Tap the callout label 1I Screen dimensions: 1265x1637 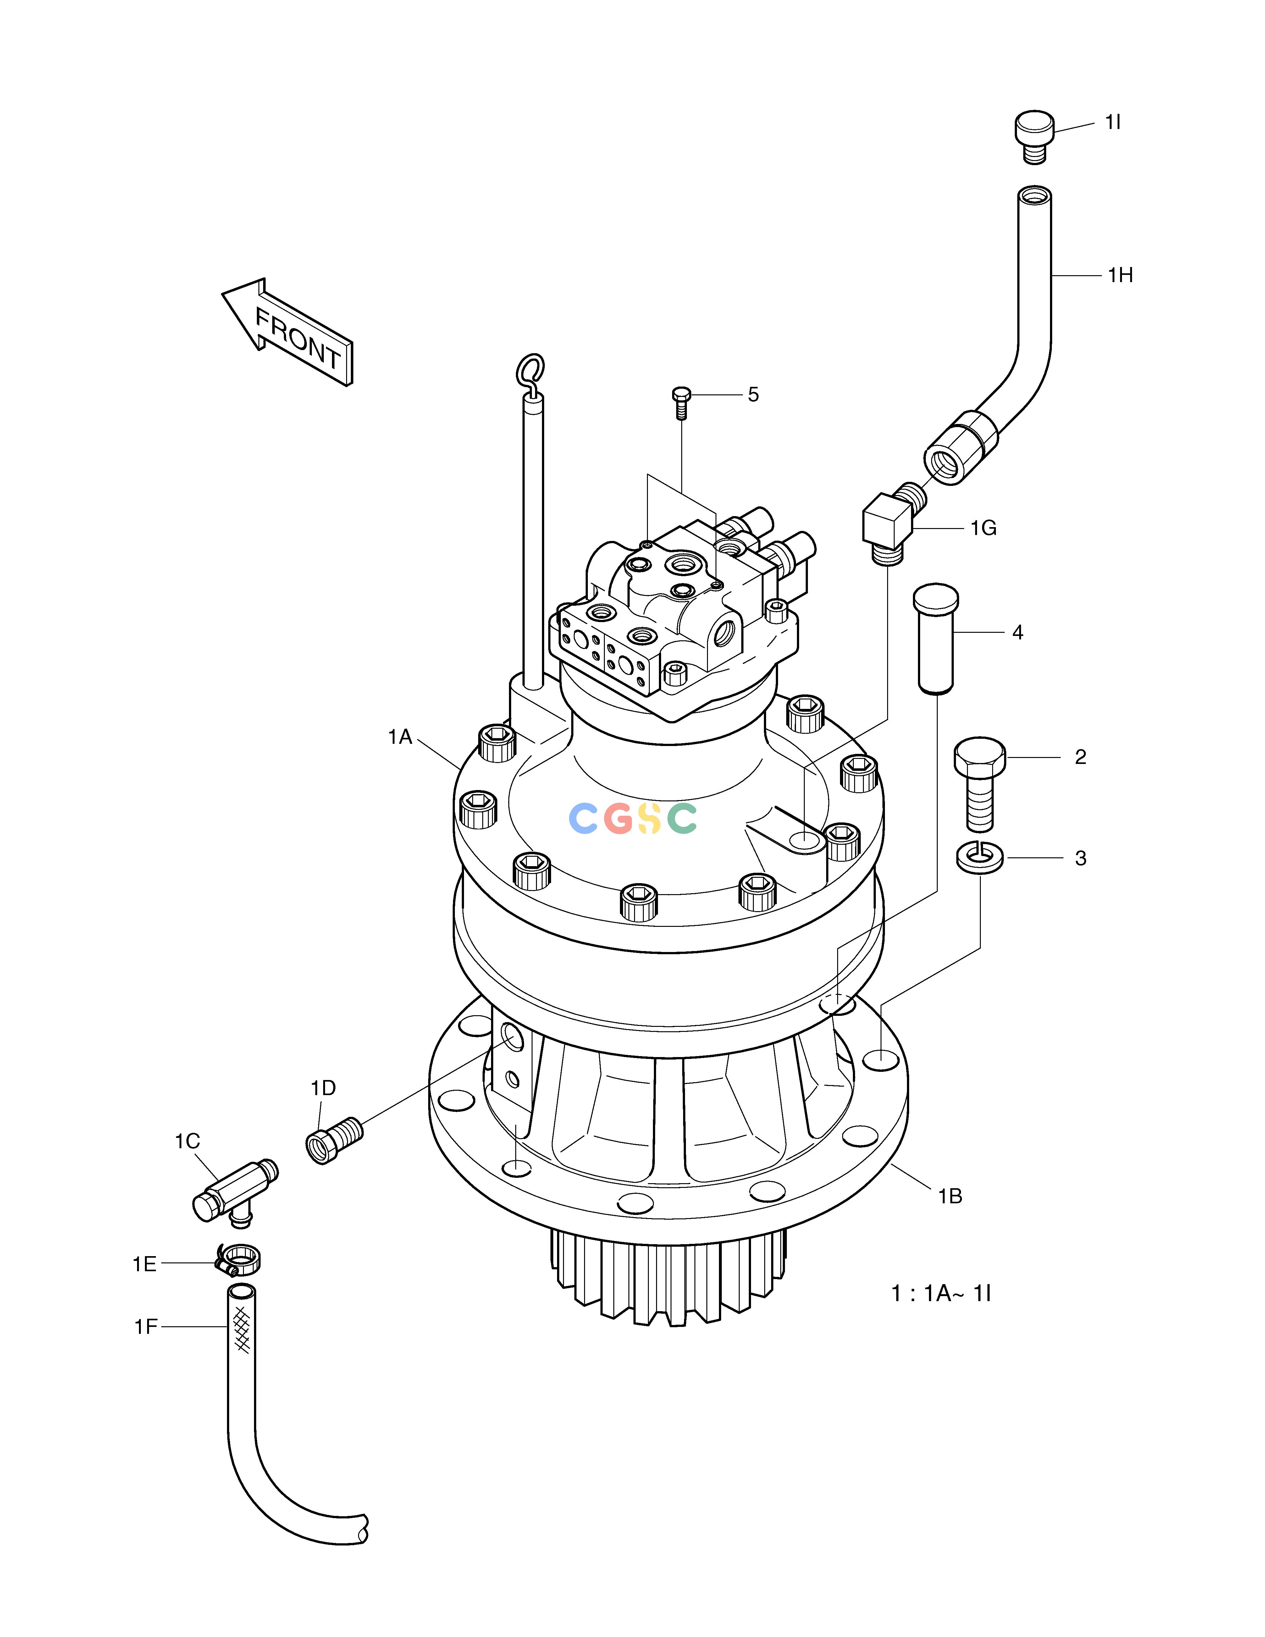(x=1112, y=122)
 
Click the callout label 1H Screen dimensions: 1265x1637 (x=1120, y=276)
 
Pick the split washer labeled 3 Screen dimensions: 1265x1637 (x=980, y=857)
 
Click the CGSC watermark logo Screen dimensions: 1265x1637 (x=633, y=818)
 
